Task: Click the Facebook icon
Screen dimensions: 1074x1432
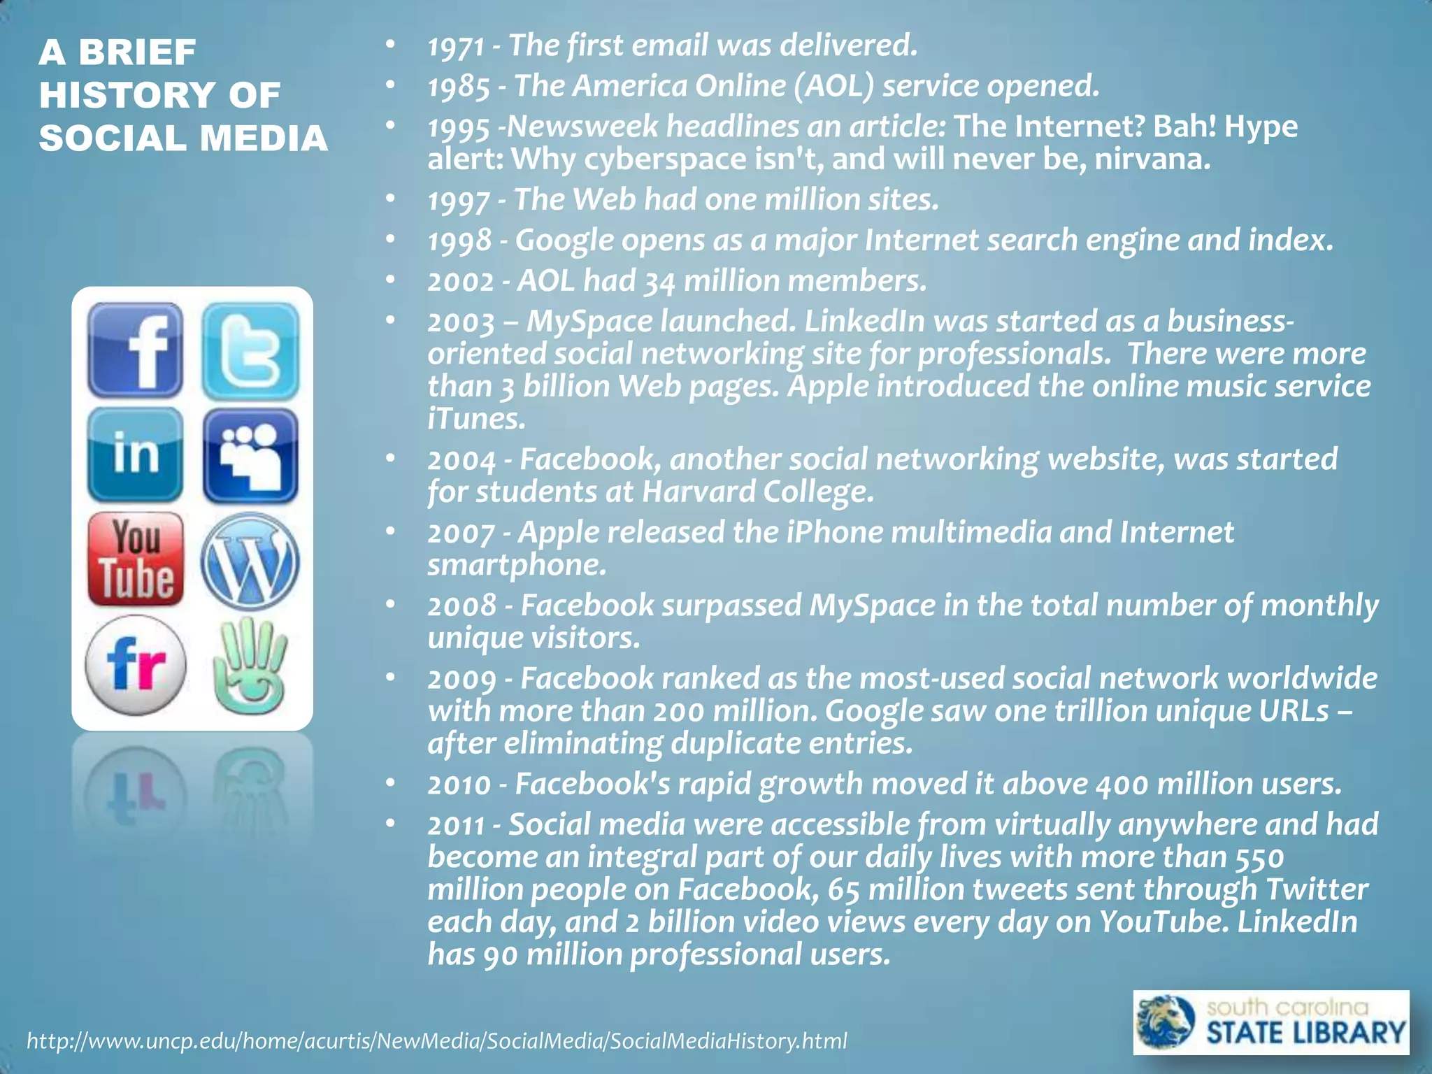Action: [x=135, y=350]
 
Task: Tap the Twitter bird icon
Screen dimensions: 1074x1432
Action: [x=250, y=350]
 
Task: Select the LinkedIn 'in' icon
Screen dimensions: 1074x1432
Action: [x=135, y=455]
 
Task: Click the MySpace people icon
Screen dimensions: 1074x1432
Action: [x=250, y=457]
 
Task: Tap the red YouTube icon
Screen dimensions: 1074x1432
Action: [x=136, y=559]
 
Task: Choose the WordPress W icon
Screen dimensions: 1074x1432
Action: [x=250, y=561]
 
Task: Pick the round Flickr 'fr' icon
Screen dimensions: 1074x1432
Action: [x=136, y=665]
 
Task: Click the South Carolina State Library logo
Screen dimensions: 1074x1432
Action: [x=1270, y=1022]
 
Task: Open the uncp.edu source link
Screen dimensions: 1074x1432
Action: [x=436, y=1041]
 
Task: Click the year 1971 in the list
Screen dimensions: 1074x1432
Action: [x=456, y=47]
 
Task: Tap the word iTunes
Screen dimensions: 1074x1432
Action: [x=475, y=419]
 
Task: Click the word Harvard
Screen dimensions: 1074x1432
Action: [x=699, y=492]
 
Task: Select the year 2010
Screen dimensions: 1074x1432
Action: [x=459, y=785]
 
